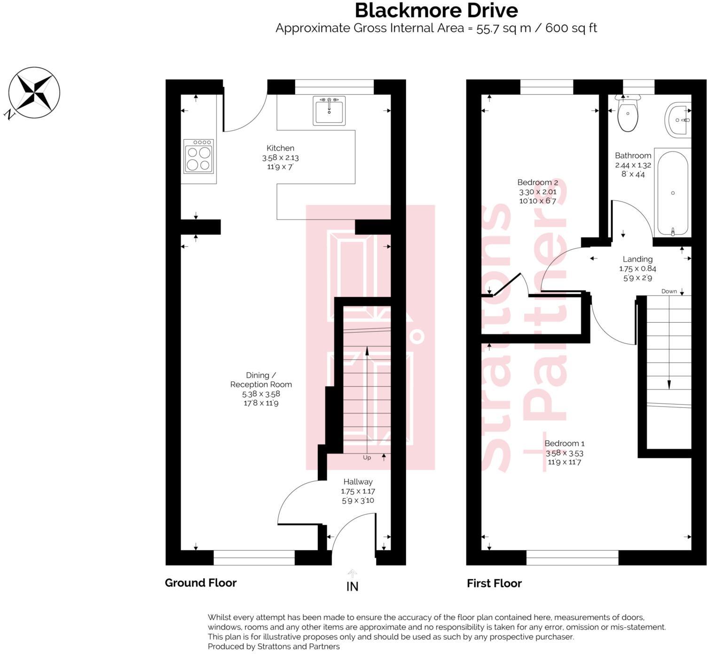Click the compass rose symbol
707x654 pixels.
(x=34, y=90)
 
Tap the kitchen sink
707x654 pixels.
(x=329, y=110)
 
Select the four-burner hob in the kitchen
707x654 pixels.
(x=198, y=156)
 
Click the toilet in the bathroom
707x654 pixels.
(x=628, y=114)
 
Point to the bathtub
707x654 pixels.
(x=673, y=193)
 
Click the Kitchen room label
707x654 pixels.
(x=280, y=148)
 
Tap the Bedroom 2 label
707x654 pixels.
(x=537, y=182)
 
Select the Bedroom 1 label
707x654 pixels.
(x=564, y=443)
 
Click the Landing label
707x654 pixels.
(x=637, y=259)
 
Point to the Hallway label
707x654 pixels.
(x=358, y=482)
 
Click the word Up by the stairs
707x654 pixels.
(x=367, y=457)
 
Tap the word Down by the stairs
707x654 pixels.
(x=669, y=291)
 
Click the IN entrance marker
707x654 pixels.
(x=352, y=586)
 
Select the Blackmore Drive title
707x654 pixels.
(x=436, y=10)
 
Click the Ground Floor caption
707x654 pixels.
(x=200, y=583)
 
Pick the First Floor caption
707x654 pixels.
(x=494, y=584)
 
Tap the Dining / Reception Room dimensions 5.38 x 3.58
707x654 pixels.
(x=261, y=394)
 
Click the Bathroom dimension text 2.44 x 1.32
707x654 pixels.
(x=633, y=165)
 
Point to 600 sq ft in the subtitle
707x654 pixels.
(x=571, y=28)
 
